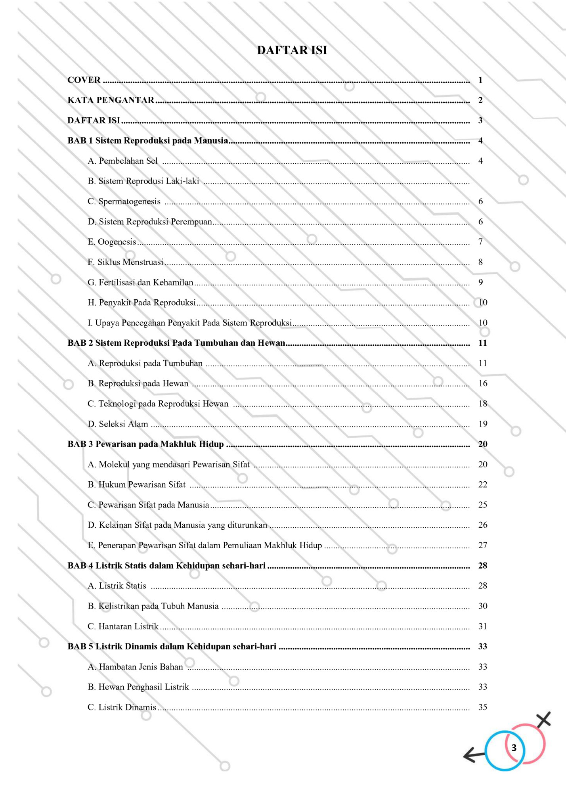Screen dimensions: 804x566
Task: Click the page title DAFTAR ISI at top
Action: click(292, 50)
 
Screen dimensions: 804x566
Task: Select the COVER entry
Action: click(84, 80)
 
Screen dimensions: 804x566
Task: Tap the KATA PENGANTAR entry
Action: click(111, 100)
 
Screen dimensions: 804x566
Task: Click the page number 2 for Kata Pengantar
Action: click(480, 100)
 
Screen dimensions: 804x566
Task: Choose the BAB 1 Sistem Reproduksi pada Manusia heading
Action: click(148, 141)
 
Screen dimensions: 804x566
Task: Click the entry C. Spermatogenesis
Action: click(124, 201)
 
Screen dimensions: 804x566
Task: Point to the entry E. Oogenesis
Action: click(112, 242)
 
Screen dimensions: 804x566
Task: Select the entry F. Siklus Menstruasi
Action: click(125, 262)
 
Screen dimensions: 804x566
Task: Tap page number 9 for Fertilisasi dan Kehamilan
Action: click(480, 282)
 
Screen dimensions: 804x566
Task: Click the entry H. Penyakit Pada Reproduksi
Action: click(141, 302)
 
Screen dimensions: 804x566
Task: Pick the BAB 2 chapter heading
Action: click(176, 343)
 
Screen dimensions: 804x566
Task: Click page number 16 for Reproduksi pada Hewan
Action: click(482, 383)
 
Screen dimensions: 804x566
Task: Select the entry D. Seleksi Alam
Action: click(118, 424)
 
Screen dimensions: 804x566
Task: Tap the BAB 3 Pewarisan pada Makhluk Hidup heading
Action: click(145, 444)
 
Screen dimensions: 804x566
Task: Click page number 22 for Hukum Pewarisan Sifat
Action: click(482, 484)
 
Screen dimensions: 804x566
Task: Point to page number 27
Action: click(482, 545)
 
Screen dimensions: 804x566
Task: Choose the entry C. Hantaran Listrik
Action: click(123, 626)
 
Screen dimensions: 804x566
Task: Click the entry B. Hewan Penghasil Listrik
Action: click(138, 687)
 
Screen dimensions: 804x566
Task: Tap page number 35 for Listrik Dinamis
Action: click(482, 707)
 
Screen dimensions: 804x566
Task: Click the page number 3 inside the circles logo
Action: click(514, 748)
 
